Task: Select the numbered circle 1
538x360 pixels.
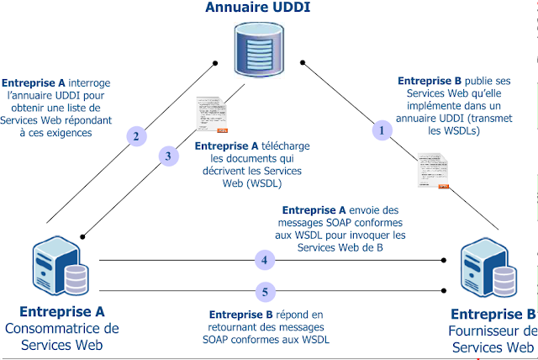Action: click(x=383, y=130)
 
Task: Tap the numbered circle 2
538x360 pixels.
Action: click(x=135, y=135)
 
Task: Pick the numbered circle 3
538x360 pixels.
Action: click(x=168, y=156)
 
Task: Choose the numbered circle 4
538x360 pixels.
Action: click(x=265, y=260)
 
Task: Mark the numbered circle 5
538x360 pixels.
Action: click(x=265, y=292)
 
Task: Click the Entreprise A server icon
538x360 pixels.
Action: click(x=61, y=267)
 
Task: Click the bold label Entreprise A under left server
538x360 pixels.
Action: click(x=61, y=311)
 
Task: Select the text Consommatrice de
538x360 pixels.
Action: click(x=62, y=328)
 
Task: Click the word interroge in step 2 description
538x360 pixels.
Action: click(x=87, y=83)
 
